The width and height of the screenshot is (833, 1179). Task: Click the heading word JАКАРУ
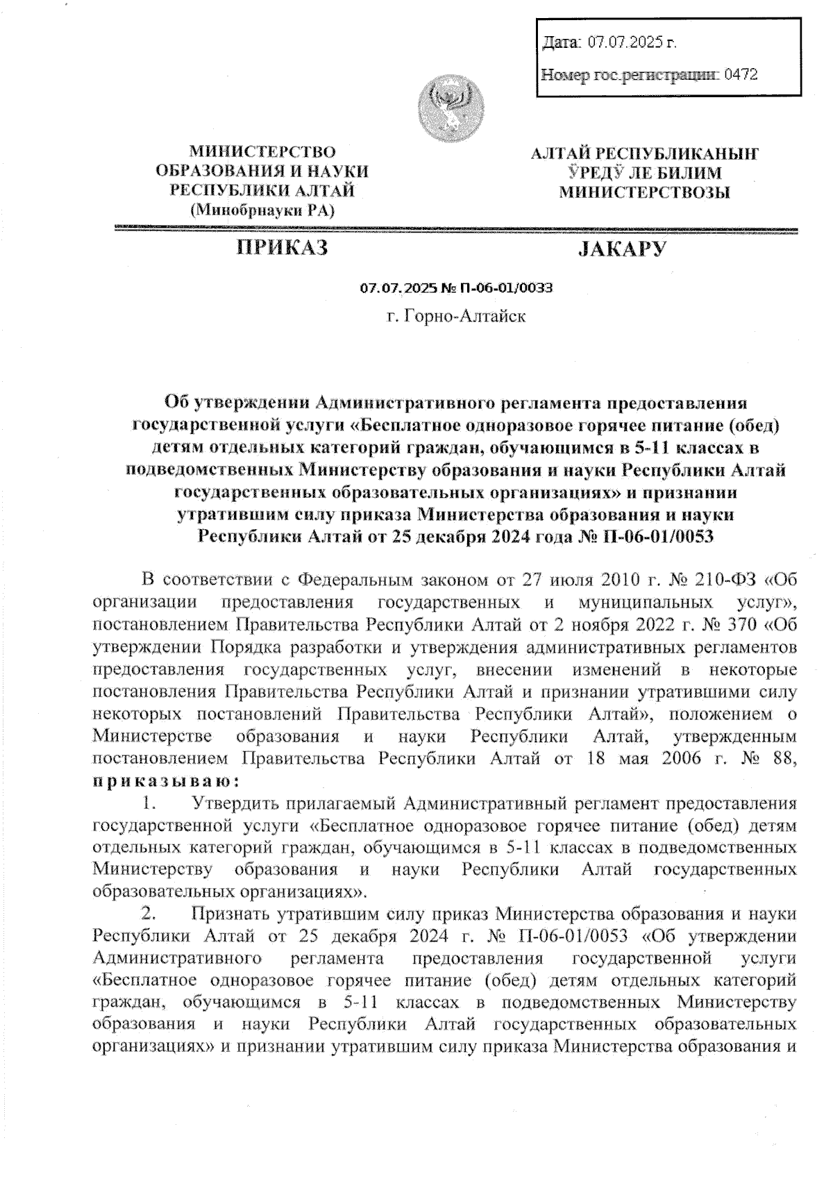[x=622, y=248]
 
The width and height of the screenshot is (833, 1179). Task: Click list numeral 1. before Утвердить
[x=148, y=804]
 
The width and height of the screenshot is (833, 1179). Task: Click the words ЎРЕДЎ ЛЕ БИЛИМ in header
[x=645, y=173]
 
